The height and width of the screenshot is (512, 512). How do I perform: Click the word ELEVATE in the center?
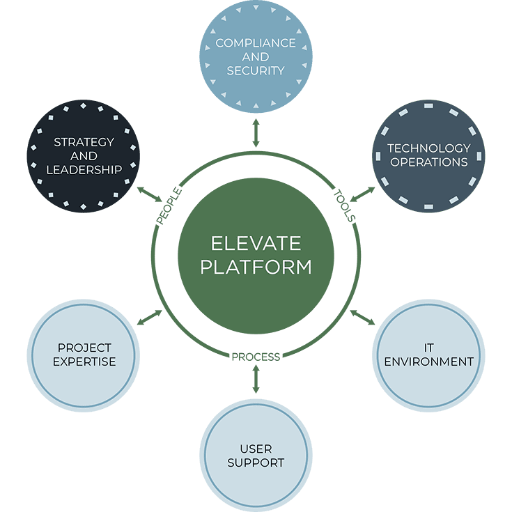256,244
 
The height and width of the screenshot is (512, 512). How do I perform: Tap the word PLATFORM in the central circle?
256,267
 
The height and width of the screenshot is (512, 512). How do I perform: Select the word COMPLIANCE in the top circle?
256,43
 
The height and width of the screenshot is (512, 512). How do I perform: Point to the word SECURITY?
256,70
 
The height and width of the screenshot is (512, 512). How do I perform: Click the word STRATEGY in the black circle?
84,142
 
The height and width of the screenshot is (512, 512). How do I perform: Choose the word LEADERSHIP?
84,169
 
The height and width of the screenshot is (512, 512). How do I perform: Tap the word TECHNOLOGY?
428,148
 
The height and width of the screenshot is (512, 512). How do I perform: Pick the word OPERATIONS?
428,162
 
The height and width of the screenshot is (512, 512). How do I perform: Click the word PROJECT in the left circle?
84,348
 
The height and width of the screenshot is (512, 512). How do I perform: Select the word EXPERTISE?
84,362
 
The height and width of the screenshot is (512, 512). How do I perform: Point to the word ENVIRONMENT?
428,362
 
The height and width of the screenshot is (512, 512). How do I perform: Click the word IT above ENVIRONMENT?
428,348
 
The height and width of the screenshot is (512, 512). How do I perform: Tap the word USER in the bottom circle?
256,449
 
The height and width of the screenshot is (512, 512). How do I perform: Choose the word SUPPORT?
256,463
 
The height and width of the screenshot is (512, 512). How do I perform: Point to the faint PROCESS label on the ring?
256,357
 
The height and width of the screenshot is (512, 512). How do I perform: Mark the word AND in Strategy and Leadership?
84,156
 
